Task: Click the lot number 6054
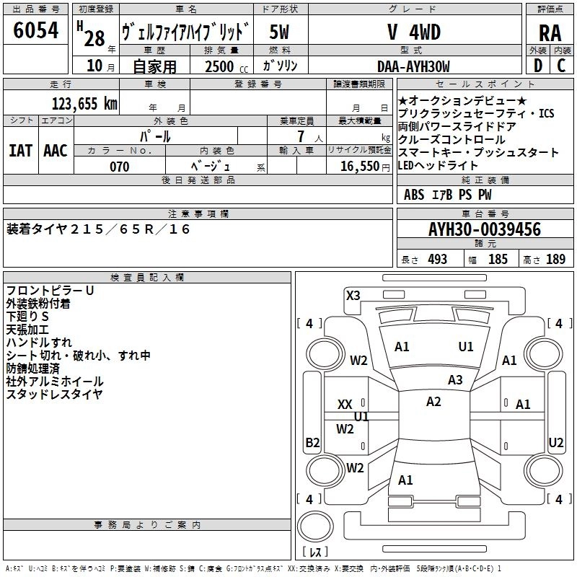[x=35, y=30]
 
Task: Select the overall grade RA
[x=550, y=33]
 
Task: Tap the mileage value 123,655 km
[x=84, y=104]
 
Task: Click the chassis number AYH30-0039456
[x=485, y=229]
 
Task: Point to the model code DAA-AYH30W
[x=413, y=66]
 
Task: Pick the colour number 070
[x=120, y=167]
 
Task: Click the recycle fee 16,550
[x=360, y=167]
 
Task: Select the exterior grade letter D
[x=537, y=66]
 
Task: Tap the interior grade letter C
[x=561, y=66]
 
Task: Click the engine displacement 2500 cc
[x=226, y=66]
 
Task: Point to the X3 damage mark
[x=353, y=295]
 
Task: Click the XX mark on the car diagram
[x=345, y=405]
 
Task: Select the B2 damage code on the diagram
[x=312, y=442]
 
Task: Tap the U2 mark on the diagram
[x=555, y=442]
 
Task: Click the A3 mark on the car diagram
[x=455, y=379]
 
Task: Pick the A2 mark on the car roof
[x=433, y=401]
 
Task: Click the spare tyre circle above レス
[x=315, y=526]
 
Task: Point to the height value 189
[x=555, y=259]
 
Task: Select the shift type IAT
[x=20, y=151]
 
